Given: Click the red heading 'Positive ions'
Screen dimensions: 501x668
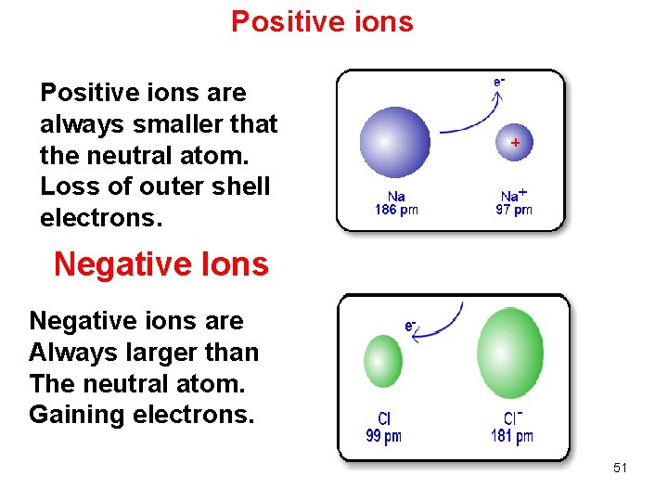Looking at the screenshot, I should coord(322,21).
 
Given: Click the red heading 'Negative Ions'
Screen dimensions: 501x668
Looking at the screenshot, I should coord(161,264).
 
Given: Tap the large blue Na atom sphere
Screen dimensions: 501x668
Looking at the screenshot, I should coord(395,142).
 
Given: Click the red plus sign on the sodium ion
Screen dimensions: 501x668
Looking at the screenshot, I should coord(515,144).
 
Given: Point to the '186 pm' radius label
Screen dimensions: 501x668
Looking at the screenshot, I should coord(396,210).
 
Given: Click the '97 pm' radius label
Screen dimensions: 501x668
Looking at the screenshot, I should coord(514,210).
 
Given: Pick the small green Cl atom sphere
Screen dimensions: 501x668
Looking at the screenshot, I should coord(384,360).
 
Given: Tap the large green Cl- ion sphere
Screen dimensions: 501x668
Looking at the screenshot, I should coord(510,352).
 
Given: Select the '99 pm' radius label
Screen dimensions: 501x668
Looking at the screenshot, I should coord(383,435).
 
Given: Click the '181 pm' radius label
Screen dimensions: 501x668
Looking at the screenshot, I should coord(512,435).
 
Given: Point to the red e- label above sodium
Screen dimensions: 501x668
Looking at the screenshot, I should coord(499,82).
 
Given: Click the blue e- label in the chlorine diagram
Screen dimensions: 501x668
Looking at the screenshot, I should coord(410,326).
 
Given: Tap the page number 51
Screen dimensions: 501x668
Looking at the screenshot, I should coord(620,469).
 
